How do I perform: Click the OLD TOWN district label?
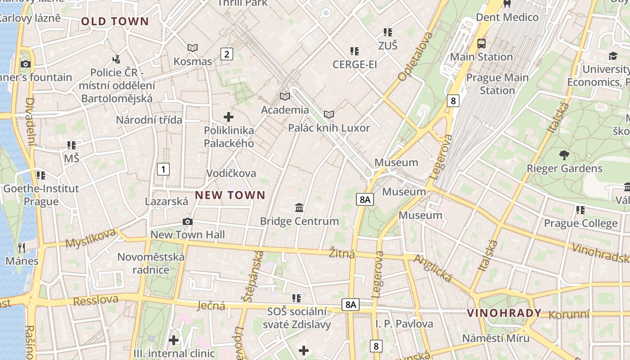coord(115,21)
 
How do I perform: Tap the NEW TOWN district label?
coord(230,195)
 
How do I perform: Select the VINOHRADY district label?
coord(504,313)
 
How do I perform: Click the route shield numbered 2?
coord(226,54)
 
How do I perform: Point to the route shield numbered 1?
coord(163,169)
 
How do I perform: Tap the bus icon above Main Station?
coord(481,44)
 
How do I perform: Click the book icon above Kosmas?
coord(193,48)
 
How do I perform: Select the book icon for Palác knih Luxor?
coord(329,115)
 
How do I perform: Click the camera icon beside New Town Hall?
coord(188,221)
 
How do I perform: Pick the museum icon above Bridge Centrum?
coord(299,207)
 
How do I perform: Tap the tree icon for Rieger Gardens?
coord(564,156)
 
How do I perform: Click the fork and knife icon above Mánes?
coord(22,247)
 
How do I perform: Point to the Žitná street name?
coord(342,253)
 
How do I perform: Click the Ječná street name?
coord(211,306)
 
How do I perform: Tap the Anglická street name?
coord(433,269)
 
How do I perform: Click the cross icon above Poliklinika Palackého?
coord(229,117)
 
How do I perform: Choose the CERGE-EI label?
coord(355,64)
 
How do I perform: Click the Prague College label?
coord(580,223)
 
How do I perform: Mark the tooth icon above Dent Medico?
coord(507,4)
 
